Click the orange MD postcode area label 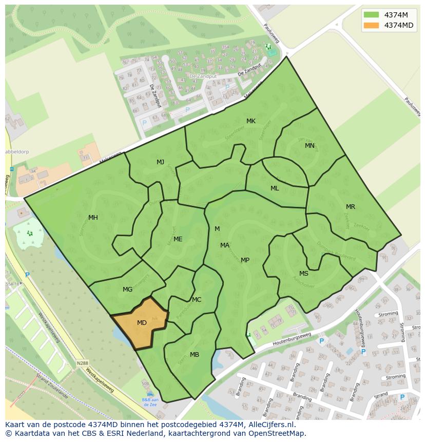click(142, 323)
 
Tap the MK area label click(250, 121)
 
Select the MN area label click(310, 146)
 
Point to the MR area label click(350, 207)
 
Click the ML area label click(275, 188)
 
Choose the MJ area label click(160, 162)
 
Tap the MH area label click(93, 218)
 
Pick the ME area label click(178, 239)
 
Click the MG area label click(127, 290)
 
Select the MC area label click(197, 300)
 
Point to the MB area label click(194, 355)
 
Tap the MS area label click(304, 274)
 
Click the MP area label click(245, 260)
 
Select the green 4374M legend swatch click(371, 15)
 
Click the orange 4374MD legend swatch click(371, 25)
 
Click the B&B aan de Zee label click(150, 402)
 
